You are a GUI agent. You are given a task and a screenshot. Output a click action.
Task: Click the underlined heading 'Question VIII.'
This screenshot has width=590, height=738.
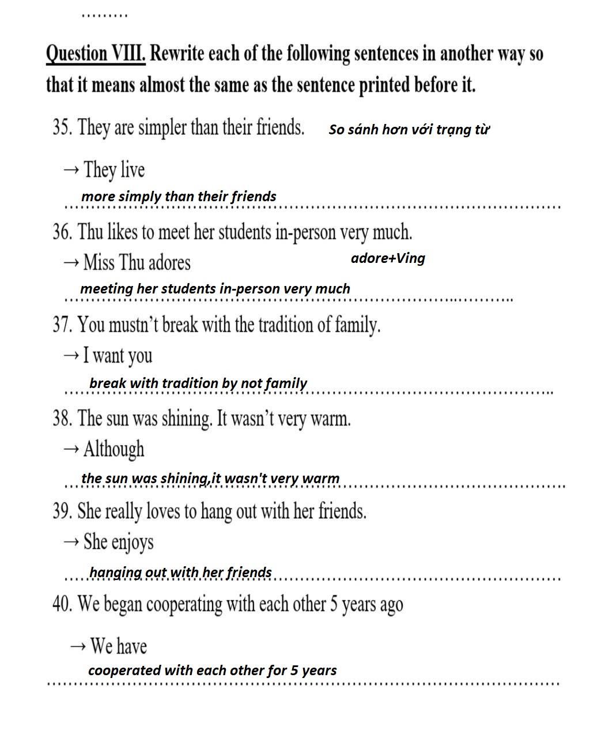(95, 54)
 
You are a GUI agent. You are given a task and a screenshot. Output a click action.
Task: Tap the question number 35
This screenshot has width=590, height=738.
(62, 127)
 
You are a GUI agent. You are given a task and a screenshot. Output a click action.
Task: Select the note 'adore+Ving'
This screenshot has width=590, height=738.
(388, 258)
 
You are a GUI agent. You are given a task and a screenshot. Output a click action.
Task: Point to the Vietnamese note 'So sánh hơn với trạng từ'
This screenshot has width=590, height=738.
(409, 129)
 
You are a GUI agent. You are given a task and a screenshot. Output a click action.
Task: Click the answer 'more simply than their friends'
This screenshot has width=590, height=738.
(179, 196)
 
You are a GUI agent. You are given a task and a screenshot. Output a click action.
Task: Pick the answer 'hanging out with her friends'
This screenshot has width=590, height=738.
(180, 572)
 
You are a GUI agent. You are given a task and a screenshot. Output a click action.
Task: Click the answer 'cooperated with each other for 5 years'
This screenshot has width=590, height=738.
(212, 670)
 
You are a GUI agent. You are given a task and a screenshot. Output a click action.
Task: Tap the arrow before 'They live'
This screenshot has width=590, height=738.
(71, 170)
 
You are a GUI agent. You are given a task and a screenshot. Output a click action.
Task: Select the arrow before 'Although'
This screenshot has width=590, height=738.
(71, 449)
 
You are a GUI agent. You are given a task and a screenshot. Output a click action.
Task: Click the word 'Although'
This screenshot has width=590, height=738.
(114, 449)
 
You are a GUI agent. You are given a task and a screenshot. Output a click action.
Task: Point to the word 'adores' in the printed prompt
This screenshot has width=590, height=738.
(169, 263)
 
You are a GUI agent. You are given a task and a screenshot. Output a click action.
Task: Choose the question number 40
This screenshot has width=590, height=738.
(62, 604)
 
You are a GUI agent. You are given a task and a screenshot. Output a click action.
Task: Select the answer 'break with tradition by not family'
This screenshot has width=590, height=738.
(198, 383)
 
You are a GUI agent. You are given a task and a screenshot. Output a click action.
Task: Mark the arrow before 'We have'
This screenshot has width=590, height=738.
(78, 646)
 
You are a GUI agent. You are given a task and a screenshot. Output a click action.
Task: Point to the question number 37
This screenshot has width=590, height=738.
(62, 325)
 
